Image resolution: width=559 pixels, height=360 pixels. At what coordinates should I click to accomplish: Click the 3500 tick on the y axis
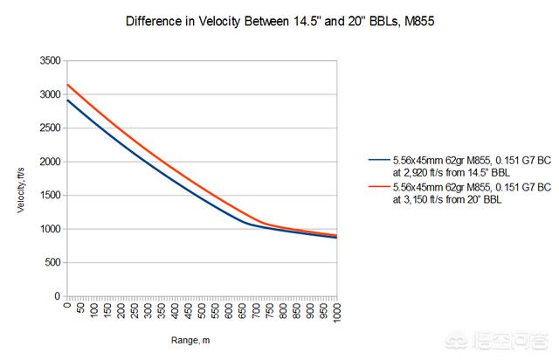[x=49, y=61]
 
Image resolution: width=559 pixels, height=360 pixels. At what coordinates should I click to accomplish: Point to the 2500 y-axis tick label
[x=49, y=128]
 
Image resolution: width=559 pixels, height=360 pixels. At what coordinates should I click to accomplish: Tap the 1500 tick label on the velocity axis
[x=49, y=196]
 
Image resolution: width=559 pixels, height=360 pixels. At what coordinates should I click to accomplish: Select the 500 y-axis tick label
[x=52, y=262]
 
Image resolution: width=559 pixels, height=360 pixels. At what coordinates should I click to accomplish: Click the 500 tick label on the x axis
[x=203, y=309]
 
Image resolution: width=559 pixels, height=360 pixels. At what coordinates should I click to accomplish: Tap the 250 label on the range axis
[x=135, y=309]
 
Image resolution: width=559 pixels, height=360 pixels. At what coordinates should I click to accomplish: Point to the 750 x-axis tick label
[x=270, y=309]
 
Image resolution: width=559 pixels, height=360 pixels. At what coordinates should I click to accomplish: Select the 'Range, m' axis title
[x=202, y=336]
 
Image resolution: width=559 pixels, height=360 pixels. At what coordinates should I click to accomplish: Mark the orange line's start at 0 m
[x=67, y=85]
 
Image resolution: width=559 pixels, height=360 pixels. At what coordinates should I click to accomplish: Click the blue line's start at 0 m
[x=67, y=100]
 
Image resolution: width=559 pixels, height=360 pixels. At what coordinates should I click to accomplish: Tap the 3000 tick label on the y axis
[x=49, y=94]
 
